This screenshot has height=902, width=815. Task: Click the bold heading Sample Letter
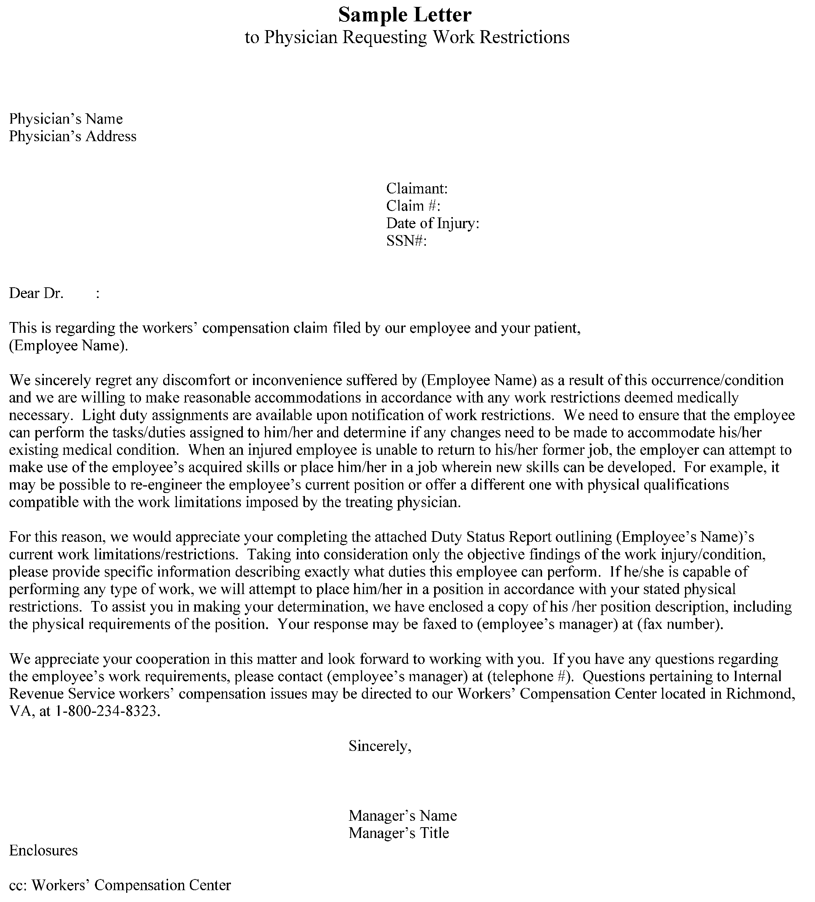pos(404,15)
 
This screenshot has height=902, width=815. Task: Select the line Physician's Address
pos(72,136)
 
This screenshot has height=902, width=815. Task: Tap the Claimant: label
pos(417,188)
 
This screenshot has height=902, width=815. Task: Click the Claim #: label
pos(413,206)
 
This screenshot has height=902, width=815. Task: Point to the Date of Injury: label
pos(432,223)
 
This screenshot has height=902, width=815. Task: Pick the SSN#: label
pos(406,241)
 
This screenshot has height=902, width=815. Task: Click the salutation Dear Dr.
pos(36,293)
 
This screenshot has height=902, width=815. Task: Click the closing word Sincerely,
pos(380,746)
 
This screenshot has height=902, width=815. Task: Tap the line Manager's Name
pos(403,815)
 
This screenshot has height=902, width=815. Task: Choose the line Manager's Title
pos(398,833)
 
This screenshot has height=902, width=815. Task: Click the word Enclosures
pos(43,850)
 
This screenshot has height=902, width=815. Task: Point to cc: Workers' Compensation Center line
pos(120,885)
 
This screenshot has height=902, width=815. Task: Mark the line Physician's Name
pos(66,119)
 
